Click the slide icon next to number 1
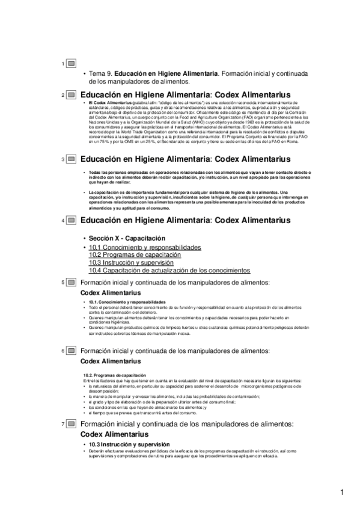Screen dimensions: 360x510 tap(72, 63)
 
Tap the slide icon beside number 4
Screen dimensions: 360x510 tap(72, 221)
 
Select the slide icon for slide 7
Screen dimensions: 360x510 tap(72, 425)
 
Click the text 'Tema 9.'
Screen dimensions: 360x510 tap(101, 73)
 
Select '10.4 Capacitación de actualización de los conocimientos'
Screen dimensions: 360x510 tap(161, 271)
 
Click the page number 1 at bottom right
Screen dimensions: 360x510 tap(342, 493)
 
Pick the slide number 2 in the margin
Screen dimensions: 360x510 tap(63, 95)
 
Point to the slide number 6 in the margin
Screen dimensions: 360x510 tap(63, 350)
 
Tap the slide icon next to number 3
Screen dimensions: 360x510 tap(72, 159)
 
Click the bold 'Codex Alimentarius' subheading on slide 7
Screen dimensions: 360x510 tap(114, 434)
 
